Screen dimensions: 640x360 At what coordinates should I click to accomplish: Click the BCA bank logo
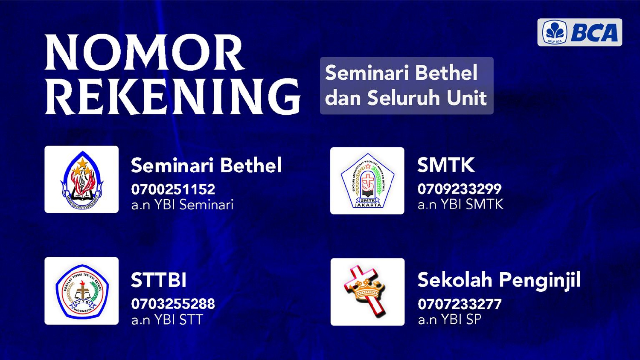click(x=580, y=32)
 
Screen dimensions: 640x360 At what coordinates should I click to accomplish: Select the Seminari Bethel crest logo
click(x=81, y=180)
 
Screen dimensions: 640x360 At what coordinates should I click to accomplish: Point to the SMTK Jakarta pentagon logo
click(x=367, y=180)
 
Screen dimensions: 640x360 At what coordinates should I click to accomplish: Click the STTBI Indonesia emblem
click(x=82, y=291)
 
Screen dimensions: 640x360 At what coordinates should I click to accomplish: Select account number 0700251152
click(x=173, y=189)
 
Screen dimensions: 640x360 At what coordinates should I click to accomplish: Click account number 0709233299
click(x=460, y=189)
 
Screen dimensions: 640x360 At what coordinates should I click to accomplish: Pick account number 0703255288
click(x=173, y=304)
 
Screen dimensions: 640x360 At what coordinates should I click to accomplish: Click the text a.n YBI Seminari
click(x=182, y=205)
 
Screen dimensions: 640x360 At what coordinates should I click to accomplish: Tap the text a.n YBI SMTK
click(x=460, y=204)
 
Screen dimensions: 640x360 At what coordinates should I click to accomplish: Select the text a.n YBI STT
click(x=167, y=319)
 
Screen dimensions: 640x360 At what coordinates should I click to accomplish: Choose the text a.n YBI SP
click(x=450, y=319)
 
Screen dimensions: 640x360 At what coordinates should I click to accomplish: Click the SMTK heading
click(x=446, y=165)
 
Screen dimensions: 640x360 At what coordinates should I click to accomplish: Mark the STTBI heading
click(x=159, y=280)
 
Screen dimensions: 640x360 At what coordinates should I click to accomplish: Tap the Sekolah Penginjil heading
click(x=499, y=281)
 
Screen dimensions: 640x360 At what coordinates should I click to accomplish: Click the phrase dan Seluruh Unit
click(x=406, y=97)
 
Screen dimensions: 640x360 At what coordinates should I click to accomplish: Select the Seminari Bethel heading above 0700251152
click(x=206, y=165)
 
